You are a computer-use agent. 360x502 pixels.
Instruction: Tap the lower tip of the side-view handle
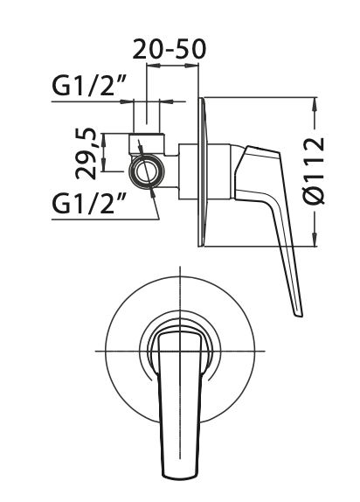coord(298,313)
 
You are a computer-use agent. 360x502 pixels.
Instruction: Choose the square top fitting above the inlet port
coord(146,143)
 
